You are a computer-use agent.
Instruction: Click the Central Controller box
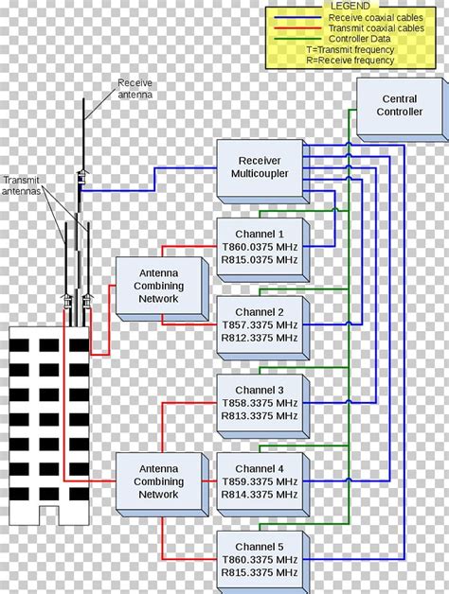(x=399, y=106)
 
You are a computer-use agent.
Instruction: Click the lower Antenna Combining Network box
(x=158, y=481)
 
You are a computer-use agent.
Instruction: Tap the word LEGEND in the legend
(x=350, y=7)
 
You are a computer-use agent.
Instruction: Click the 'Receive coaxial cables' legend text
(x=374, y=17)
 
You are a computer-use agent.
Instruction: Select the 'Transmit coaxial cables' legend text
(x=375, y=28)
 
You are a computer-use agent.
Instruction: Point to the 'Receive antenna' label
(x=135, y=88)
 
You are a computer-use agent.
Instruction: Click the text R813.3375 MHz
(x=260, y=415)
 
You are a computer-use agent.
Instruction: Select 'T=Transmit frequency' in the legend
(x=353, y=49)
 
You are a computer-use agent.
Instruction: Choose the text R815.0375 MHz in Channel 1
(x=260, y=259)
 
